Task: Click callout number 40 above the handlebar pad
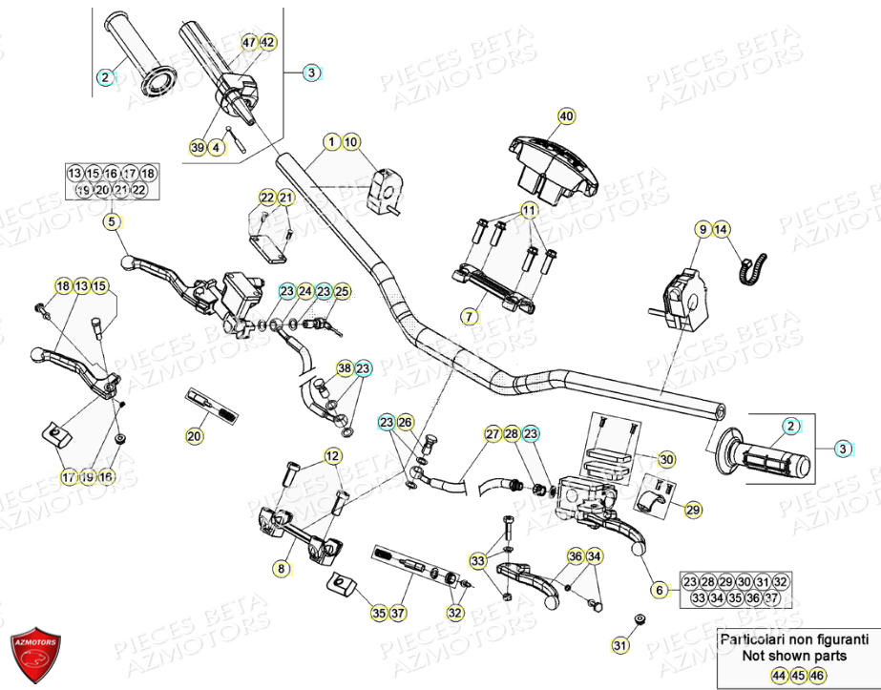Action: coord(567,116)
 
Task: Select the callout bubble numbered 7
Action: coord(469,315)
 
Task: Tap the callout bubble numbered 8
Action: coord(281,569)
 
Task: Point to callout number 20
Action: coord(194,437)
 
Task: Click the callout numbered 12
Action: coord(332,456)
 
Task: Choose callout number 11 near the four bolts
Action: coord(528,209)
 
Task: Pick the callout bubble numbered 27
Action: coord(492,434)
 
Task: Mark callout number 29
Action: coord(693,511)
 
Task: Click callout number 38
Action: coord(344,368)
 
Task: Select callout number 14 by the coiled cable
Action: coord(722,229)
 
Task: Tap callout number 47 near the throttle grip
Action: coord(249,43)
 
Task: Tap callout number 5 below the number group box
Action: coord(112,222)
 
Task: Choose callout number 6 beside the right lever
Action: coord(659,590)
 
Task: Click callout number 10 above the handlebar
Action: coord(351,142)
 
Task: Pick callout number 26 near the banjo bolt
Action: coord(406,422)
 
